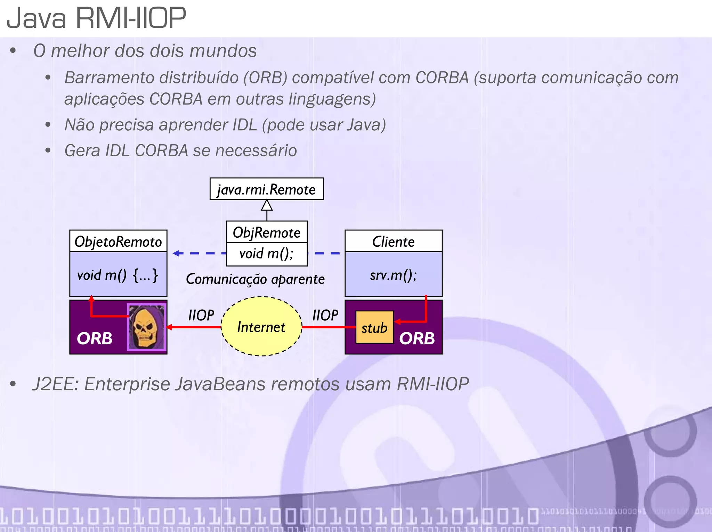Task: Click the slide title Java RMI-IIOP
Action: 96,18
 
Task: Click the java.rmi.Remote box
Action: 267,189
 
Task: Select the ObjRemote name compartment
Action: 267,232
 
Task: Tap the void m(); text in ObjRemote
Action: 267,254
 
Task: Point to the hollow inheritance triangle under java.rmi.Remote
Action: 267,205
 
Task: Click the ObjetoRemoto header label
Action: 118,242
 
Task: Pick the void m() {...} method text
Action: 118,275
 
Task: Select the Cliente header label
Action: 393,242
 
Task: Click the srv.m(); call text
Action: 393,275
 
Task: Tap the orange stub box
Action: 374,327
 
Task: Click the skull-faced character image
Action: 146,327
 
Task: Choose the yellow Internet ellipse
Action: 261,327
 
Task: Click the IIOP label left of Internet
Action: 201,315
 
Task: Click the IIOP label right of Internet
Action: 325,315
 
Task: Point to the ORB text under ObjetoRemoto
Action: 95,338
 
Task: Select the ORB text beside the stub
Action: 417,338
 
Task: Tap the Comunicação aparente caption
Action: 255,279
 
